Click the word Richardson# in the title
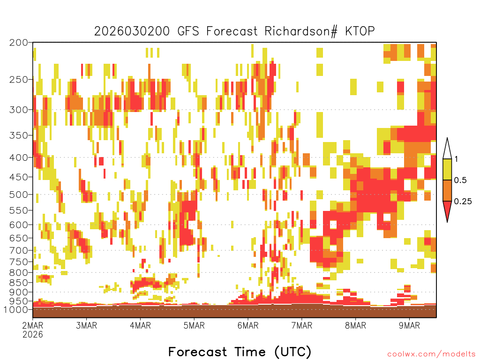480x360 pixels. pos(301,31)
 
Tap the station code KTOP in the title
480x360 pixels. pos(360,31)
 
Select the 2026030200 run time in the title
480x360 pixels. pos(132,31)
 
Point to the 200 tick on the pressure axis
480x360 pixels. pos(19,43)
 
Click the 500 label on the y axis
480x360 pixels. pos(19,195)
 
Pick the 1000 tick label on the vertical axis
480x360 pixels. pos(15,309)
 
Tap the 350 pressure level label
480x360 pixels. pos(19,135)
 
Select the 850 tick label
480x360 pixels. pos(19,282)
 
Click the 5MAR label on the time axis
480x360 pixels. pos(194,325)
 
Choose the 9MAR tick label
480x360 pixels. pos(409,325)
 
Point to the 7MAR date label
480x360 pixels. pos(302,325)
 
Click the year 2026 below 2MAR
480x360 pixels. pos(33,334)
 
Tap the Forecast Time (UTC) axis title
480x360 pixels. pos(240,352)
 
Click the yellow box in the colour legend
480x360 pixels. pos(447,169)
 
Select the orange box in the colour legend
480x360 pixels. pos(447,190)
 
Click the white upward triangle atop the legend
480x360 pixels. pos(447,148)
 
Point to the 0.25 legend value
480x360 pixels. pos(463,202)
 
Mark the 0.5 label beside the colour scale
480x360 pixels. pos(460,180)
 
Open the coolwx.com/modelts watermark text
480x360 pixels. pos(431,354)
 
